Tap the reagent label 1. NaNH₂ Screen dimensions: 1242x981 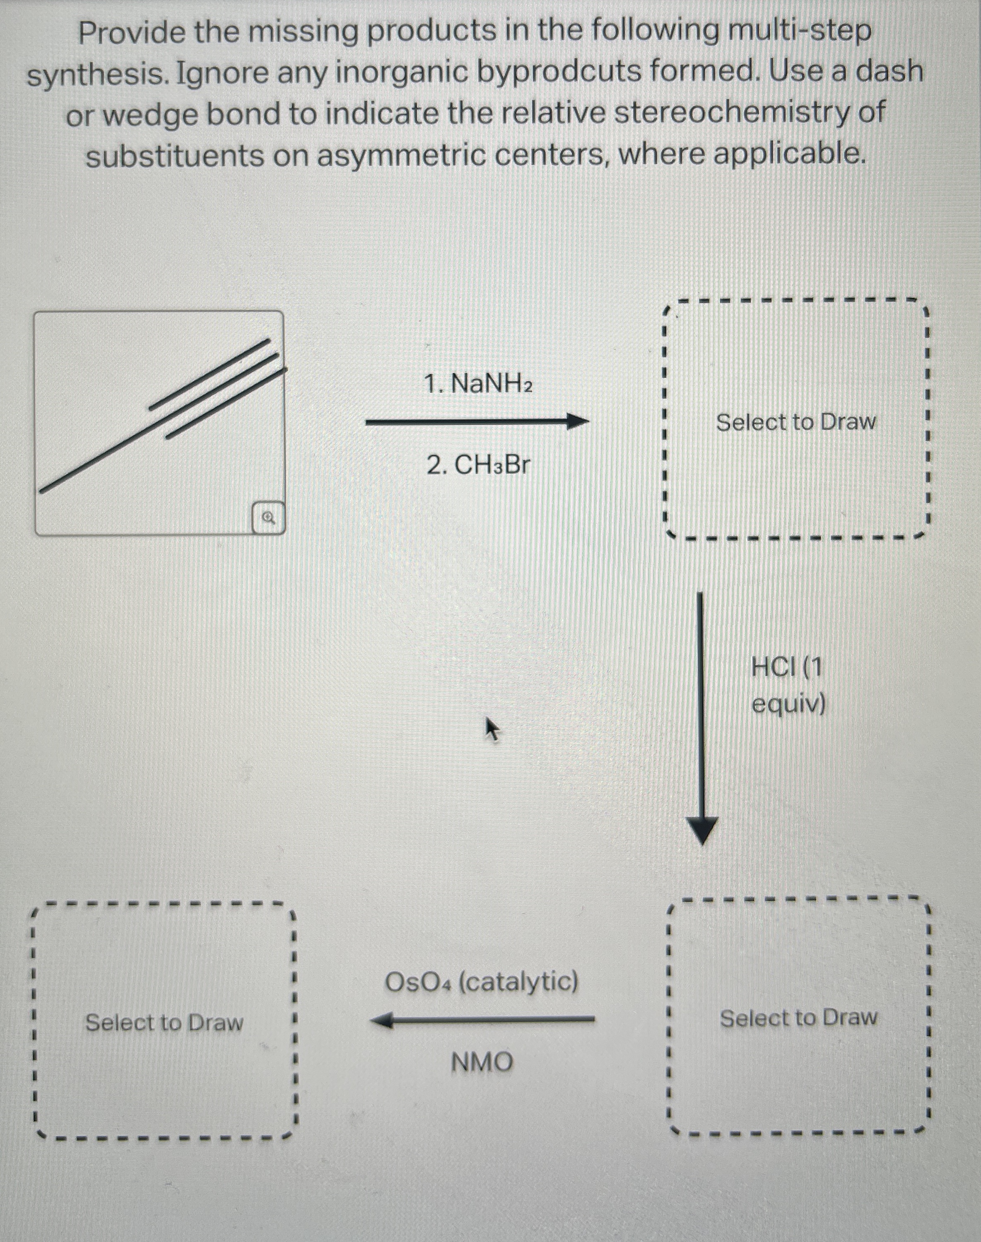coord(478,383)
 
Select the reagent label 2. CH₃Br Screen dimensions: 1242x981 coord(478,465)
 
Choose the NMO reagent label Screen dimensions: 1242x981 coord(481,1061)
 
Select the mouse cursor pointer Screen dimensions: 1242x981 coord(492,729)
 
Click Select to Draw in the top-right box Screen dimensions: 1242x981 coord(795,422)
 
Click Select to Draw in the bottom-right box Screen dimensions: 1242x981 coord(798,1018)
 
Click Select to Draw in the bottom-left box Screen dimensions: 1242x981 coord(164,1023)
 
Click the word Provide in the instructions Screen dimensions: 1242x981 coord(132,32)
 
